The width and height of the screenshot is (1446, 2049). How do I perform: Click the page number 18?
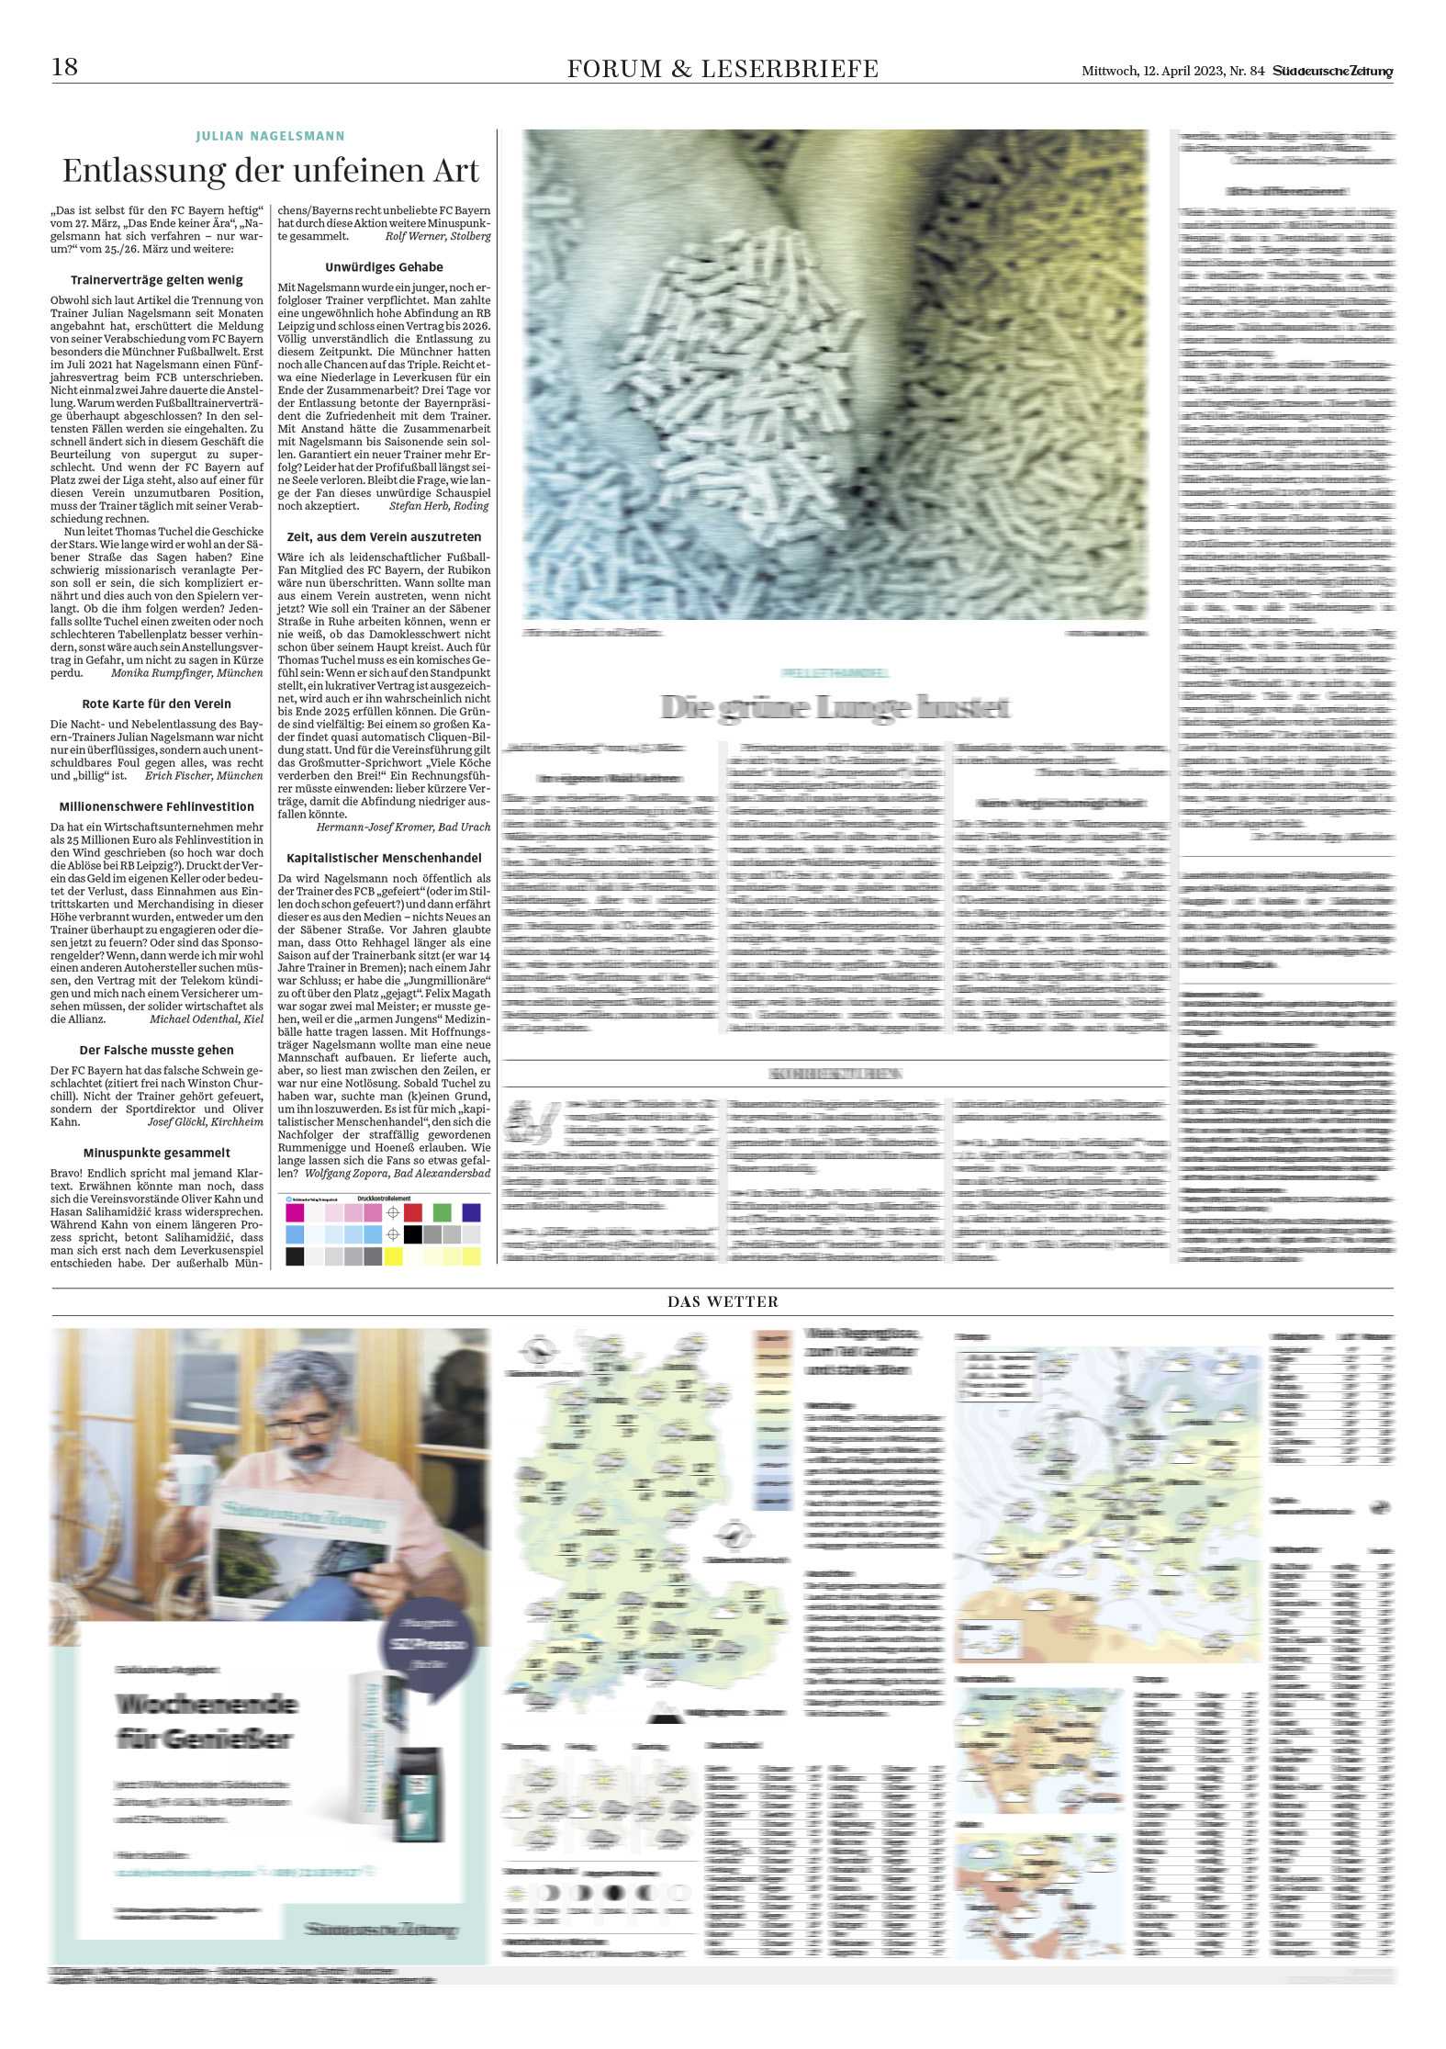[x=65, y=67]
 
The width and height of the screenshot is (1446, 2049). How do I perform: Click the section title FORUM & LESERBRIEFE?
[x=723, y=69]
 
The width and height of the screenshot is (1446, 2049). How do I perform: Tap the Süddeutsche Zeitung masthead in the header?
[x=1332, y=71]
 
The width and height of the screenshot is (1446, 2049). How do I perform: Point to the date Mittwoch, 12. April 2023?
[x=1154, y=71]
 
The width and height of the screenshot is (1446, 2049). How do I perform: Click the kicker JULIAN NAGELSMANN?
[x=270, y=136]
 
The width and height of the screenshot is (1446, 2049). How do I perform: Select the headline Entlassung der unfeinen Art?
[x=271, y=171]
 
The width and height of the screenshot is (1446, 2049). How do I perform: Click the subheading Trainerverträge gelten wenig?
[x=157, y=280]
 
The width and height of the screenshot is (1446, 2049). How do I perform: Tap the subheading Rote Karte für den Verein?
[x=157, y=704]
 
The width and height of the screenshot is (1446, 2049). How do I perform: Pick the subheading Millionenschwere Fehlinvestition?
[x=157, y=806]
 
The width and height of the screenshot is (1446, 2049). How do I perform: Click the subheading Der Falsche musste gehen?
[x=157, y=1050]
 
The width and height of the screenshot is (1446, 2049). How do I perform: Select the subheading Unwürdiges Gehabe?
[x=384, y=267]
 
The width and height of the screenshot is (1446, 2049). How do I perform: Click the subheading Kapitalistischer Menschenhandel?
[x=384, y=858]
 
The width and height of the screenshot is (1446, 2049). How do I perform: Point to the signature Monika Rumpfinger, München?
[x=186, y=673]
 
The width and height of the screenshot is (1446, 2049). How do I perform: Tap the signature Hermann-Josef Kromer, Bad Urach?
[x=403, y=827]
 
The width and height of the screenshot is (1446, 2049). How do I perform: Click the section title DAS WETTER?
[x=723, y=1301]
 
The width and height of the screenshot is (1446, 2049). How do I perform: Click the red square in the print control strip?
[x=413, y=1212]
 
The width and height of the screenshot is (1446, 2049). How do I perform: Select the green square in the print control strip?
[x=443, y=1212]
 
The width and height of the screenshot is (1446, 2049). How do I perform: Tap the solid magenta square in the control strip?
[x=295, y=1212]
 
